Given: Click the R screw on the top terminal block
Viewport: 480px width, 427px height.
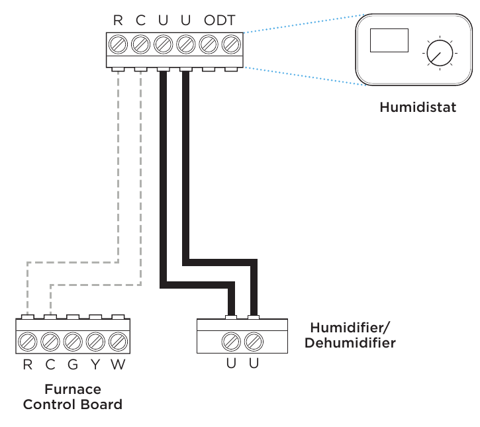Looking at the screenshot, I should [x=118, y=45].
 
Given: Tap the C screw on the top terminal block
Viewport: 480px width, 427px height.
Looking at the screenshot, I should [x=140, y=45].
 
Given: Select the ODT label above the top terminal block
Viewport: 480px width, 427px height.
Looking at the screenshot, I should [x=219, y=21].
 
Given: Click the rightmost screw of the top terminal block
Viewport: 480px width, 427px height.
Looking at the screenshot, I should [x=230, y=45].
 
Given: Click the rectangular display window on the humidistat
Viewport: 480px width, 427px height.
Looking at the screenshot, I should [x=389, y=40].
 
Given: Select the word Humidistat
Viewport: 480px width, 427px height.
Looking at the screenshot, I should [x=417, y=107].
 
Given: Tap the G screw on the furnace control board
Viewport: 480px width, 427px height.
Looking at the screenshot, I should [x=73, y=342].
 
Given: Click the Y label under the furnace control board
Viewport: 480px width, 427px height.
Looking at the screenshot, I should [x=95, y=364].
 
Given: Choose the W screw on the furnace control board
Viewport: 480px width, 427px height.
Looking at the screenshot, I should [x=118, y=342].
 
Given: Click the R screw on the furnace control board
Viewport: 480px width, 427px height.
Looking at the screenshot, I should [x=28, y=342].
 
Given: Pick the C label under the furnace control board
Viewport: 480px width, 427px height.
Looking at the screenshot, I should [x=50, y=364].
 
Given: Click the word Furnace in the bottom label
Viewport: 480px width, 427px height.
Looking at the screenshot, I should [x=73, y=389].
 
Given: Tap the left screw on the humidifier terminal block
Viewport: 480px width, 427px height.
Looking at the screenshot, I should [x=230, y=342].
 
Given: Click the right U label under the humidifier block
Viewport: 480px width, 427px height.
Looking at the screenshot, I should [x=253, y=364].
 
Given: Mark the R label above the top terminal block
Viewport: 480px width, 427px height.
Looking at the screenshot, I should [x=118, y=21].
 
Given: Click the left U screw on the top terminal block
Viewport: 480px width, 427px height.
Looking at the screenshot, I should [x=163, y=45].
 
